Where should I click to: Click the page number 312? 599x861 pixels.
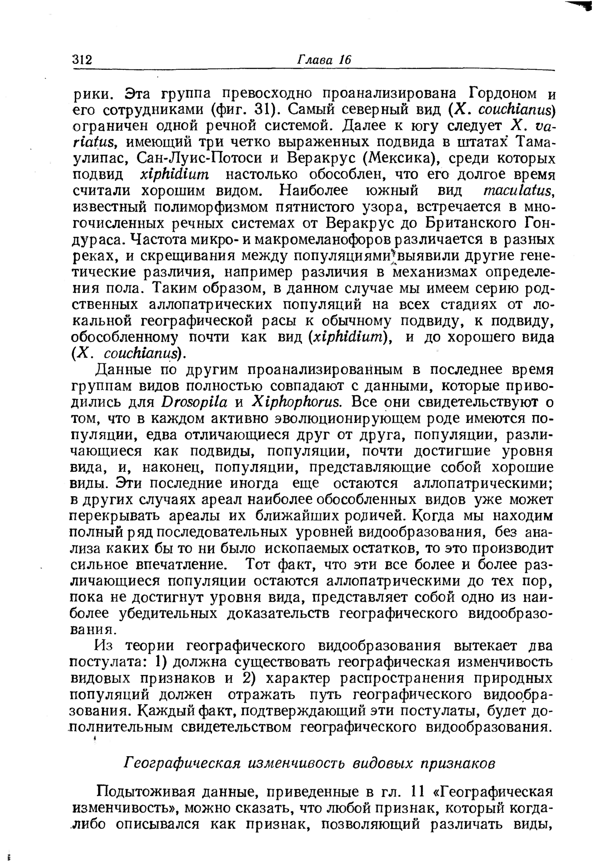tap(82, 60)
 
